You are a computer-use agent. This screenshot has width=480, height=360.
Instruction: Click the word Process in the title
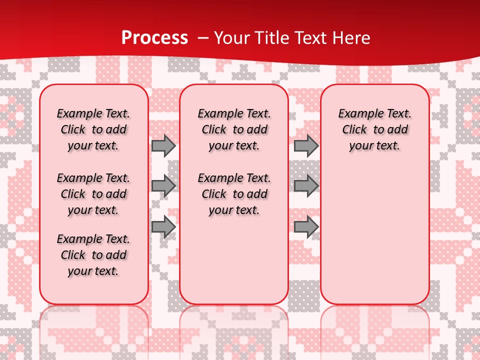pos(154,37)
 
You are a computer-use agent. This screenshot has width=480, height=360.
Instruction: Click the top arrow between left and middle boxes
pos(163,145)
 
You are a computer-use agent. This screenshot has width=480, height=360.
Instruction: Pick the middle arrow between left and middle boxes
pos(163,186)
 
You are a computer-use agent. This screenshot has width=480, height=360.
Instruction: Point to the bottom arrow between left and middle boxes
pos(163,226)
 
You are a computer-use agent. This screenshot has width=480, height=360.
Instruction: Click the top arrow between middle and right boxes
pos(306,145)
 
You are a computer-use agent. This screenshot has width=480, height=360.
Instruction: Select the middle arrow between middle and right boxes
pos(306,186)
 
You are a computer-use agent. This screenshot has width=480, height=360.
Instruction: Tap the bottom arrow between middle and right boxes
pos(306,226)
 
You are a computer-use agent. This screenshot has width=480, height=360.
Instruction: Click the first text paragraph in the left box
pos(93,129)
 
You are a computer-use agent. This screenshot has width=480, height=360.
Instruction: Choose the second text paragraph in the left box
pos(93,194)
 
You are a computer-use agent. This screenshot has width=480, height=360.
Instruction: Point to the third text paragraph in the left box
pos(93,255)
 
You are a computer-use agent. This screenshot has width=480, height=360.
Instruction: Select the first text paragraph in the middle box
pos(234,129)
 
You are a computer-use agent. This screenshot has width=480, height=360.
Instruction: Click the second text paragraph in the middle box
pos(234,194)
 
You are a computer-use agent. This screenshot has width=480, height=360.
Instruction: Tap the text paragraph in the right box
pos(374,129)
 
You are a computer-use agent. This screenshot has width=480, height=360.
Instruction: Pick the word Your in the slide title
pos(229,37)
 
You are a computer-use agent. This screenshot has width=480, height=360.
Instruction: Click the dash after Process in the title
pos(202,37)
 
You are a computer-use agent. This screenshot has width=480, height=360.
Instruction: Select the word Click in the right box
pos(354,130)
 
